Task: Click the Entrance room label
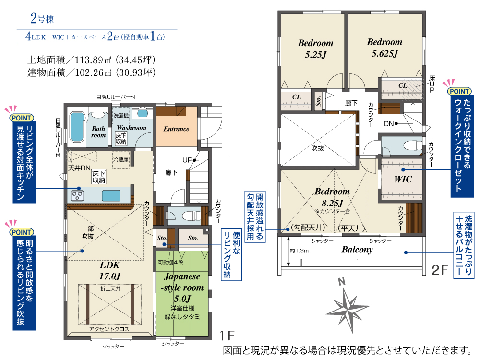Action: pyautogui.click(x=176, y=129)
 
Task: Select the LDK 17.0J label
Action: pyautogui.click(x=109, y=271)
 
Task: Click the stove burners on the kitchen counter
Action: pyautogui.click(x=77, y=195)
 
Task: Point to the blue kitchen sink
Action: pyautogui.click(x=111, y=195)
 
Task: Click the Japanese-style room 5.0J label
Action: pyautogui.click(x=182, y=288)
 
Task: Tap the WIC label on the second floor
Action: pyautogui.click(x=403, y=179)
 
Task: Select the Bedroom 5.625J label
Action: pyautogui.click(x=384, y=48)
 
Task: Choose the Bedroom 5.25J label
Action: pyautogui.click(x=316, y=48)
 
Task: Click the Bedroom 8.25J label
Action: pyautogui.click(x=332, y=197)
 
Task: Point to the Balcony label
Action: pyautogui.click(x=357, y=250)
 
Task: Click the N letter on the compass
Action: pyautogui.click(x=342, y=281)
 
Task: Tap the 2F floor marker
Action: pyautogui.click(x=440, y=270)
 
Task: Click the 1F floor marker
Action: pyautogui.click(x=227, y=336)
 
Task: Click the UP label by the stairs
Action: pyautogui.click(x=187, y=160)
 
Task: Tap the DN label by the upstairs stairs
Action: pyautogui.click(x=388, y=124)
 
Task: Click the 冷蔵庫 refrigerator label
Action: pyautogui.click(x=121, y=159)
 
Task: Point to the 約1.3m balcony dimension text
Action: pyautogui.click(x=299, y=251)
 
